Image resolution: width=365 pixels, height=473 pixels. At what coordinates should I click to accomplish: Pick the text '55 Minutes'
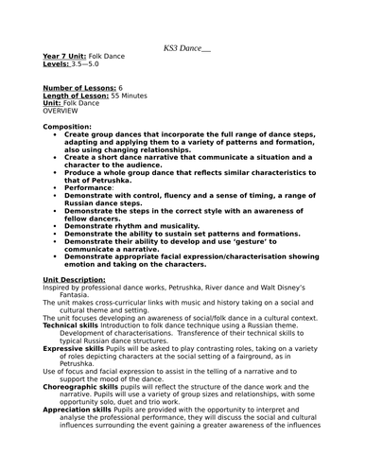133,95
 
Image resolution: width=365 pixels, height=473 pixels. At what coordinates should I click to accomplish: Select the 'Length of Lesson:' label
76,95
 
